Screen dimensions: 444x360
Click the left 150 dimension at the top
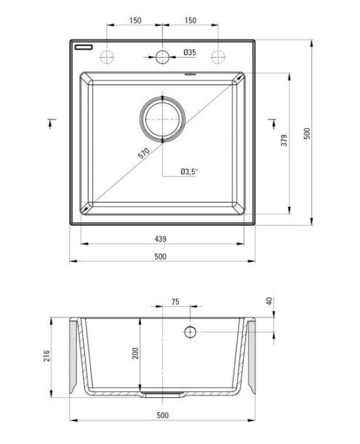point(135,21)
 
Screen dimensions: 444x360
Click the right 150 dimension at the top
point(191,21)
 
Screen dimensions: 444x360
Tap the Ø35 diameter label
point(189,52)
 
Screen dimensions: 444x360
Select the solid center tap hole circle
point(162,56)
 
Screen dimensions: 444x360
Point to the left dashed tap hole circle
point(107,56)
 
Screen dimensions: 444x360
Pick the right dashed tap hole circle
point(218,56)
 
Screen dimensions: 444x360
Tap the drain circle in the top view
point(162,118)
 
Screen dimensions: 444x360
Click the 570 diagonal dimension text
point(144,154)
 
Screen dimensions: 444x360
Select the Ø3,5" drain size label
point(189,171)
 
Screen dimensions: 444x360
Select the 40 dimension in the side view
point(269,302)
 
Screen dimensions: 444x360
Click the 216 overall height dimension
point(46,357)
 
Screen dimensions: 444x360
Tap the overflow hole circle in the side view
point(190,332)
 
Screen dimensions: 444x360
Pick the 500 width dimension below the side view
point(162,415)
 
